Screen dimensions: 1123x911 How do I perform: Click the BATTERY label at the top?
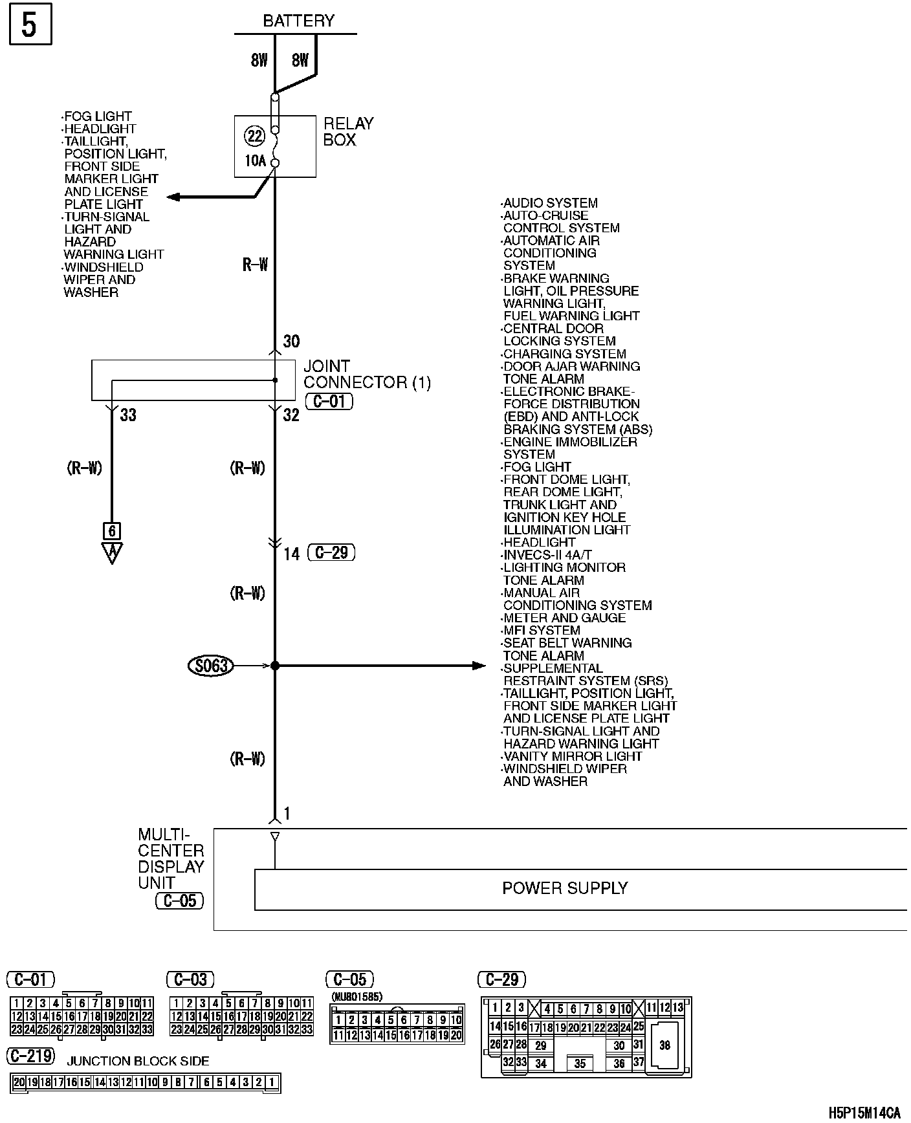[298, 21]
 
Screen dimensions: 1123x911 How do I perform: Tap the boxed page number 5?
[30, 26]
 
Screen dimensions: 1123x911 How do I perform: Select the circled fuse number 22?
[255, 136]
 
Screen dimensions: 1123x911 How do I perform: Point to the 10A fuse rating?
[255, 160]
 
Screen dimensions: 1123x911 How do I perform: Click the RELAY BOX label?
[348, 132]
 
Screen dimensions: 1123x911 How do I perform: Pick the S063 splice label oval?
[210, 665]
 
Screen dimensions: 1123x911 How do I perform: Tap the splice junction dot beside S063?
[275, 665]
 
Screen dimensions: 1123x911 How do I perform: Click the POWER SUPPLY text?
[565, 888]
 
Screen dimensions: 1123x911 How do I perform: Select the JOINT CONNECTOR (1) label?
[367, 375]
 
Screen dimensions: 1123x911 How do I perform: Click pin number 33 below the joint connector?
[128, 415]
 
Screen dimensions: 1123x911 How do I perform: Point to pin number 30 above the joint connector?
[292, 342]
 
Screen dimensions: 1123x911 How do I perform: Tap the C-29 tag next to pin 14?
[332, 553]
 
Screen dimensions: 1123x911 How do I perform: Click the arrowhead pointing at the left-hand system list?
[173, 197]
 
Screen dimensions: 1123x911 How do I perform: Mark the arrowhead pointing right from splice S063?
[479, 665]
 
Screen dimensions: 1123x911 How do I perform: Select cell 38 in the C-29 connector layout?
[664, 1045]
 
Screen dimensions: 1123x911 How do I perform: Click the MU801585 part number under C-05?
[357, 997]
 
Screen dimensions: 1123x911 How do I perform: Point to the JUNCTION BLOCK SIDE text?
[138, 1061]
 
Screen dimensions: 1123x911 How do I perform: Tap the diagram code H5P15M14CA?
[864, 1113]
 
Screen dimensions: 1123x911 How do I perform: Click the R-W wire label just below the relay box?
[255, 265]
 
